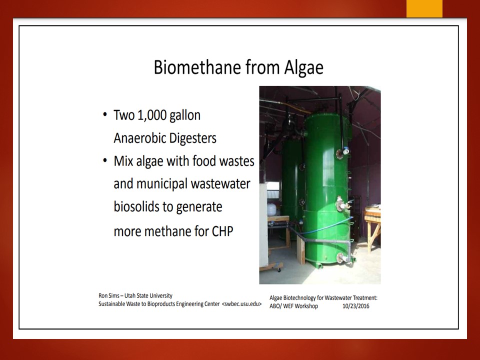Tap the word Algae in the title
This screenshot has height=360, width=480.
click(x=303, y=67)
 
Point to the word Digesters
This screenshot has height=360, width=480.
click(x=192, y=138)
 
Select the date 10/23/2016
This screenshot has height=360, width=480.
click(x=355, y=306)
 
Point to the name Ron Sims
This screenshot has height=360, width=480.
click(x=109, y=295)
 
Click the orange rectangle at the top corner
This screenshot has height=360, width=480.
click(x=424, y=8)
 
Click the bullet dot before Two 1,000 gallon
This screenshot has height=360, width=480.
click(x=105, y=115)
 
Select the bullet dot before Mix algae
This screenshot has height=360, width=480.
click(x=105, y=160)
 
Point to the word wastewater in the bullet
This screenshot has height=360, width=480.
click(x=220, y=183)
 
